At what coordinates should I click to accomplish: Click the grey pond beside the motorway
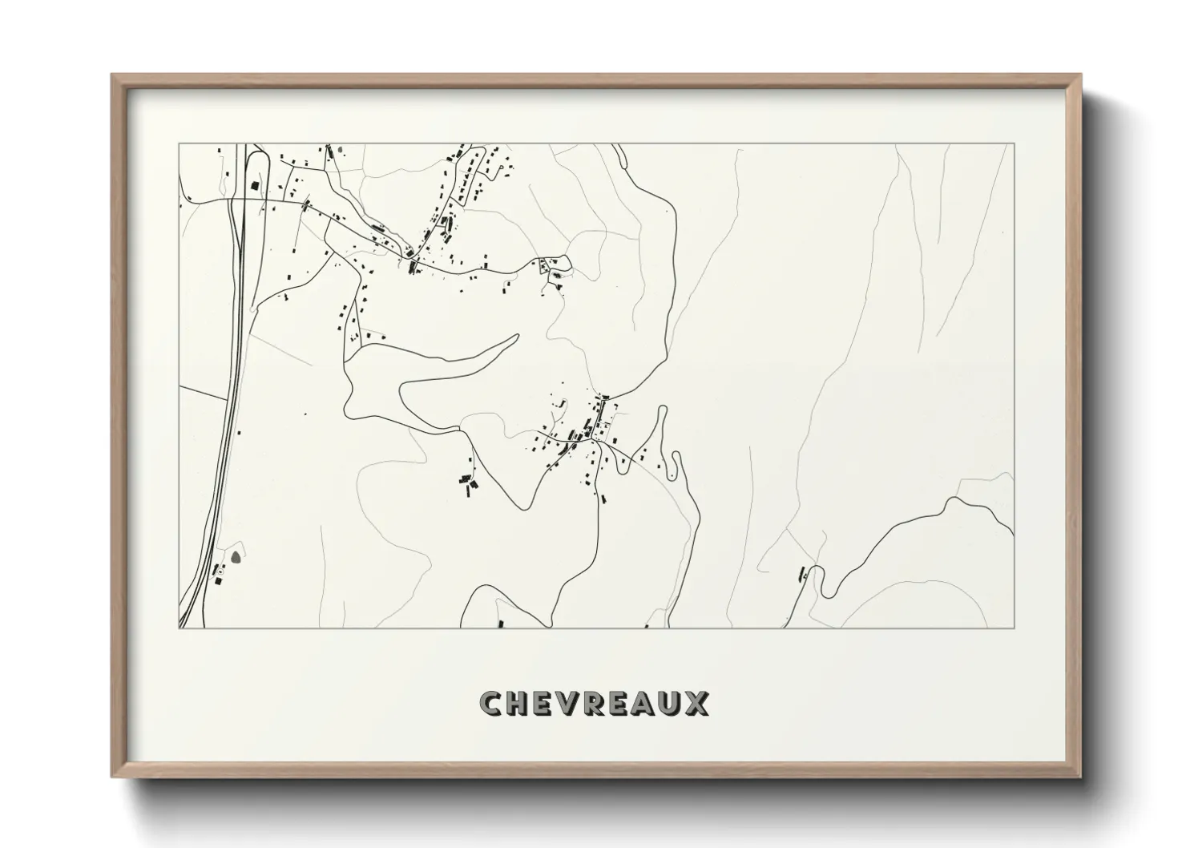[236, 555]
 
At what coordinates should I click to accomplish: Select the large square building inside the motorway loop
[256, 186]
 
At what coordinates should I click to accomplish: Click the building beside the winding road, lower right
[801, 573]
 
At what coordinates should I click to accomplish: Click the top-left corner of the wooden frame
[111, 75]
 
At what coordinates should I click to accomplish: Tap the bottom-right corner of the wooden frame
[1083, 778]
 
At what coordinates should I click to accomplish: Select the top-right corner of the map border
[1015, 144]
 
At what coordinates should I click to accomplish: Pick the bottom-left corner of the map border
[179, 628]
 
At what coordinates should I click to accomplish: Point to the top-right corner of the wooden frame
[1083, 75]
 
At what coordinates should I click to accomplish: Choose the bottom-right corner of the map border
[1015, 628]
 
